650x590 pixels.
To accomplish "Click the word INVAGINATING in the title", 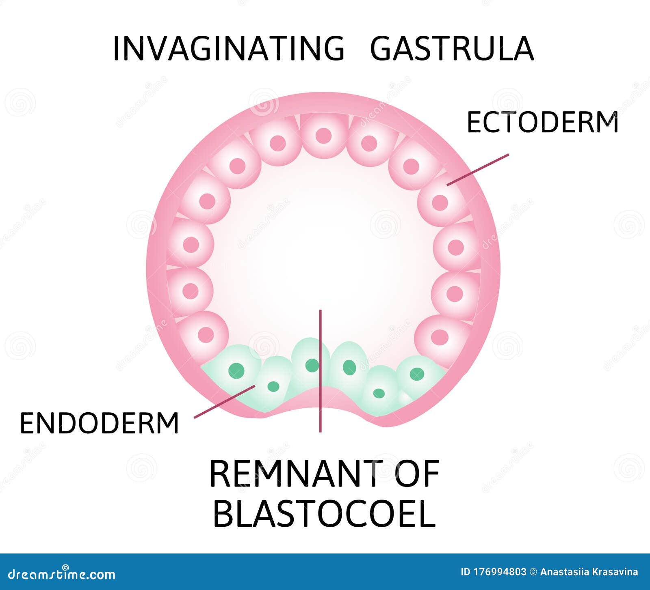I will pos(229,49).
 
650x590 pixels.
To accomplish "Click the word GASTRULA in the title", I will pos(452,49).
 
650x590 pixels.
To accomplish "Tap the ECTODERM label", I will pos(542,122).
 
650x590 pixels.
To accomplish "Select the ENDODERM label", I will pos(100,423).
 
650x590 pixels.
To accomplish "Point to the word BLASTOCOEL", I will pos(324,514).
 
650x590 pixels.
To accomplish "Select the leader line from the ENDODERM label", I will pos(224,401).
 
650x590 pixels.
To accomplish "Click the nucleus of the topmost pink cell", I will pos(323,136).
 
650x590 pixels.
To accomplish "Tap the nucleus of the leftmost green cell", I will pos(236,370).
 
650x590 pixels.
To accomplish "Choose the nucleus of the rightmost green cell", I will pos(417,374).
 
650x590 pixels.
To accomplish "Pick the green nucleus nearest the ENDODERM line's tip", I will pos(273,386).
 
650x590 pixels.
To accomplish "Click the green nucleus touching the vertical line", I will pos(312,365).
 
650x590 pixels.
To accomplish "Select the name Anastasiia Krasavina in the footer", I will pos(589,572).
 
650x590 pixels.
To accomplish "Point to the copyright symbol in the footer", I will pos(533,572).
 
